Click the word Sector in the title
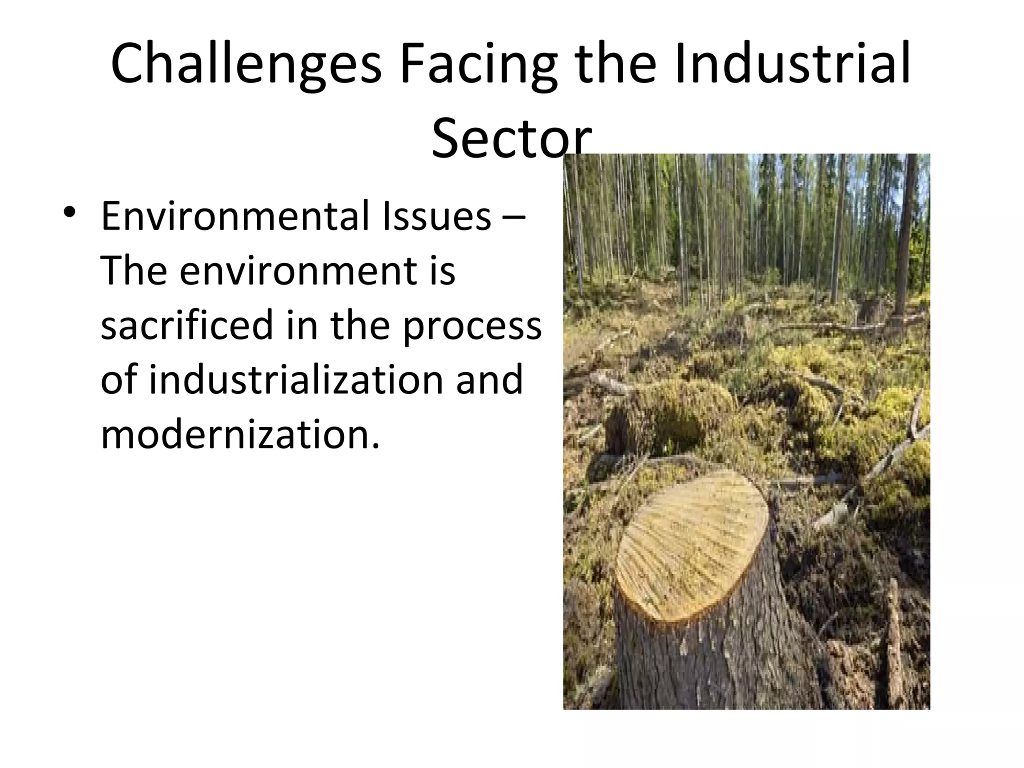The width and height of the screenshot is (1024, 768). tap(511, 137)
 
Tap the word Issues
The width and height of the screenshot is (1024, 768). tap(437, 216)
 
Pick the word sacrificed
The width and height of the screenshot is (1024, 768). tap(187, 325)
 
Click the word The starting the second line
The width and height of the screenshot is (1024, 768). tap(133, 271)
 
